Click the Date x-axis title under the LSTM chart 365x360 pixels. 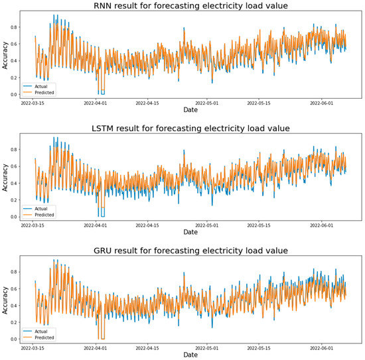pos(190,233)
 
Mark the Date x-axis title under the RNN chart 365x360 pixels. pos(190,110)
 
